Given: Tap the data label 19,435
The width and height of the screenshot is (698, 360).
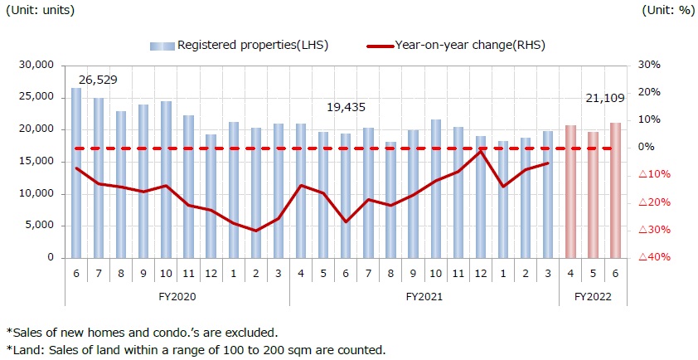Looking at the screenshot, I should (x=346, y=107).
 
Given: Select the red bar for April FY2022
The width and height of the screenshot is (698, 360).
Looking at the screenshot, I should (x=570, y=192).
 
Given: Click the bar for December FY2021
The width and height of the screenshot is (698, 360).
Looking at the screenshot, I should (x=481, y=197).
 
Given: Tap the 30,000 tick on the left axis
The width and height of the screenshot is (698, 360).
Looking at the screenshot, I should (x=36, y=65).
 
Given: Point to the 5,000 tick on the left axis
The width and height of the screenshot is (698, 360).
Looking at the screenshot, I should (x=40, y=226).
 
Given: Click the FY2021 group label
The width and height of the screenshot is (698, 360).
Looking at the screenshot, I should (x=424, y=295).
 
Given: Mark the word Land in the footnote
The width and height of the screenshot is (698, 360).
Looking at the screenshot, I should (x=24, y=349).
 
